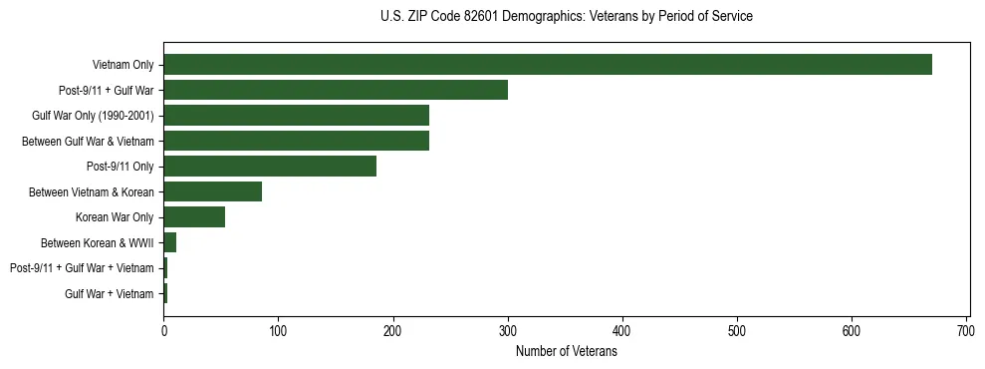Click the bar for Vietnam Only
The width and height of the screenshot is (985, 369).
[x=548, y=65]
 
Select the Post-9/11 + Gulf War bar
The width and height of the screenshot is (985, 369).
[x=336, y=90]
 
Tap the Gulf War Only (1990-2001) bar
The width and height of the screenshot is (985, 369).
[x=296, y=116]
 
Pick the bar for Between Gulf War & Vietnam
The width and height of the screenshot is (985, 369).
[x=296, y=141]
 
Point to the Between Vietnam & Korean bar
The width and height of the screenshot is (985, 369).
[x=212, y=191]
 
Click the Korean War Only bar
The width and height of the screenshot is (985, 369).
[x=194, y=217]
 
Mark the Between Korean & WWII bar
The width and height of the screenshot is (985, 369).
[x=170, y=242]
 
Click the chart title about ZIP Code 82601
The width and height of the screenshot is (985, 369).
[x=567, y=17]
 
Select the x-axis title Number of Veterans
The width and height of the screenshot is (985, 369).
[x=567, y=351]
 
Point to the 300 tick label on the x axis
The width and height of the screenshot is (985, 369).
[x=508, y=329]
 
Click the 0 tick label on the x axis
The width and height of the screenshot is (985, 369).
[x=164, y=329]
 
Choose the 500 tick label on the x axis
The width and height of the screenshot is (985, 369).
[x=737, y=329]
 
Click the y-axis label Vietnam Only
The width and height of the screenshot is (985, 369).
[x=123, y=65]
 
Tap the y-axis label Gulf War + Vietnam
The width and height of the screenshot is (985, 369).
[x=110, y=293]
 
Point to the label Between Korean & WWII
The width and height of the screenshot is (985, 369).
[x=97, y=242]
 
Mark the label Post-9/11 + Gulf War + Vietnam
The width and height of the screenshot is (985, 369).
[x=82, y=268]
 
